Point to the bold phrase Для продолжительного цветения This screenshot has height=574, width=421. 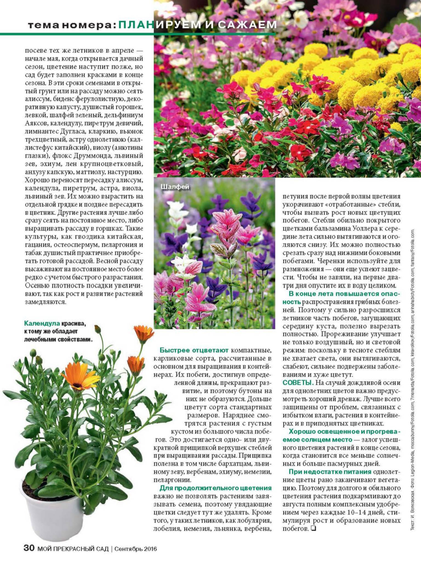tap(216, 488)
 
